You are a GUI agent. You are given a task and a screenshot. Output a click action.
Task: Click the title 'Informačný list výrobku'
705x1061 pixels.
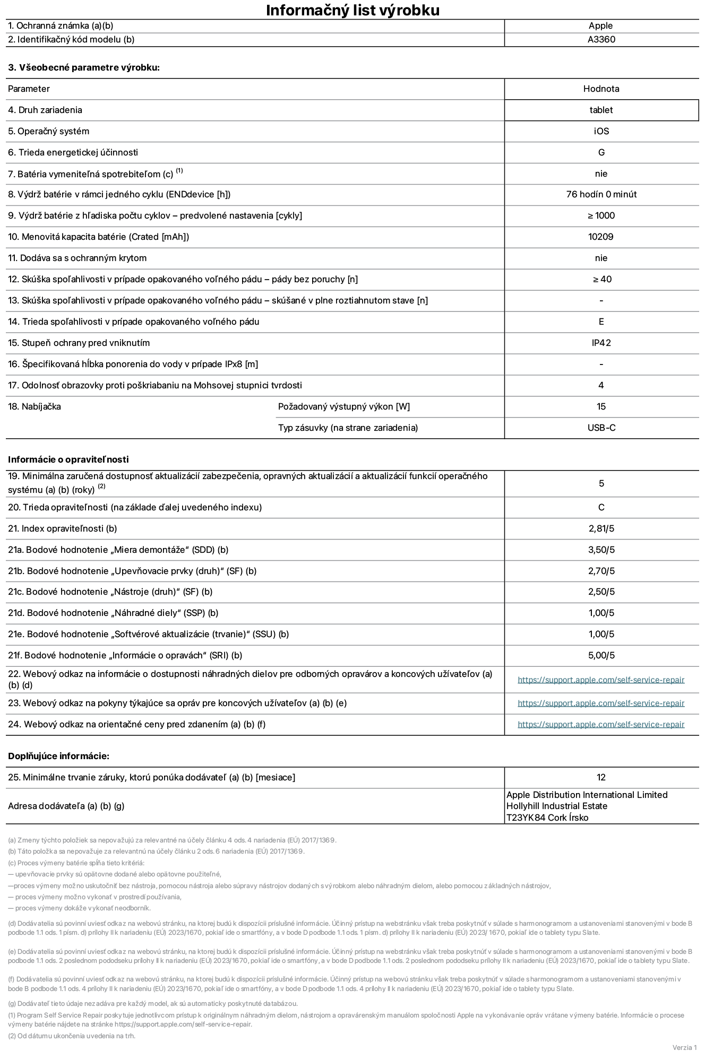pos(353,10)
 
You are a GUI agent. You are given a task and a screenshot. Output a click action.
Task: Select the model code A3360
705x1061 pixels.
pos(601,39)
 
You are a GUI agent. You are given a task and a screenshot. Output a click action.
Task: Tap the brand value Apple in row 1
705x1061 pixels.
pos(600,25)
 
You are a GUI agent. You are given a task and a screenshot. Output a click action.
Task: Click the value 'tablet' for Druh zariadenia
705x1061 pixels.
pos(601,110)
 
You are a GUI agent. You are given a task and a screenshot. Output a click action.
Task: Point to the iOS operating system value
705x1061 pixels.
pos(601,131)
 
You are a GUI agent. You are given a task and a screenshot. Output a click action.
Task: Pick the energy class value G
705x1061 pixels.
pos(601,152)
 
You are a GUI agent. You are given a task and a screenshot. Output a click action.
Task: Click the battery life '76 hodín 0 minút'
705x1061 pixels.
pos(601,194)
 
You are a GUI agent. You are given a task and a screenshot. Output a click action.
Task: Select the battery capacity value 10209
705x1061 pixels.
pos(600,237)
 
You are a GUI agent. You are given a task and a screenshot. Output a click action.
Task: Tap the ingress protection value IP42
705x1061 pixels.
pos(601,343)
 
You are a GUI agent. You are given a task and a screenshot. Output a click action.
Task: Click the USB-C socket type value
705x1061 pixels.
pos(601,428)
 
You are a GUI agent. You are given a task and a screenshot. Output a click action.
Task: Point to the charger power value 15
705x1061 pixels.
pos(601,406)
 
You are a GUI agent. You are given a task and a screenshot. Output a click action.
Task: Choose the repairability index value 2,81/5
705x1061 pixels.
pos(601,528)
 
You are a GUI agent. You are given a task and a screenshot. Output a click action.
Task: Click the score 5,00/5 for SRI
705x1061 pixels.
pos(601,655)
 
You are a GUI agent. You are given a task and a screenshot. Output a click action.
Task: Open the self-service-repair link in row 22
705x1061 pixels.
pos(600,680)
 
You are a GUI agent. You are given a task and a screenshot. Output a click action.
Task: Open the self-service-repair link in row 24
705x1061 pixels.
pos(600,724)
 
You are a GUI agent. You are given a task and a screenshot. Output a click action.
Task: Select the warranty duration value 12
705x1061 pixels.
pos(601,777)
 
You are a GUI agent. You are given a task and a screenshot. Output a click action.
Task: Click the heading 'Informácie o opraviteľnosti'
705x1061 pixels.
pos(68,459)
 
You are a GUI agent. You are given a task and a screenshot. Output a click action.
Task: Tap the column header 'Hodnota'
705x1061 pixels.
pos(601,89)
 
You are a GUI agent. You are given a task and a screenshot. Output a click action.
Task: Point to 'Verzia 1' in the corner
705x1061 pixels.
pos(684,1047)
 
